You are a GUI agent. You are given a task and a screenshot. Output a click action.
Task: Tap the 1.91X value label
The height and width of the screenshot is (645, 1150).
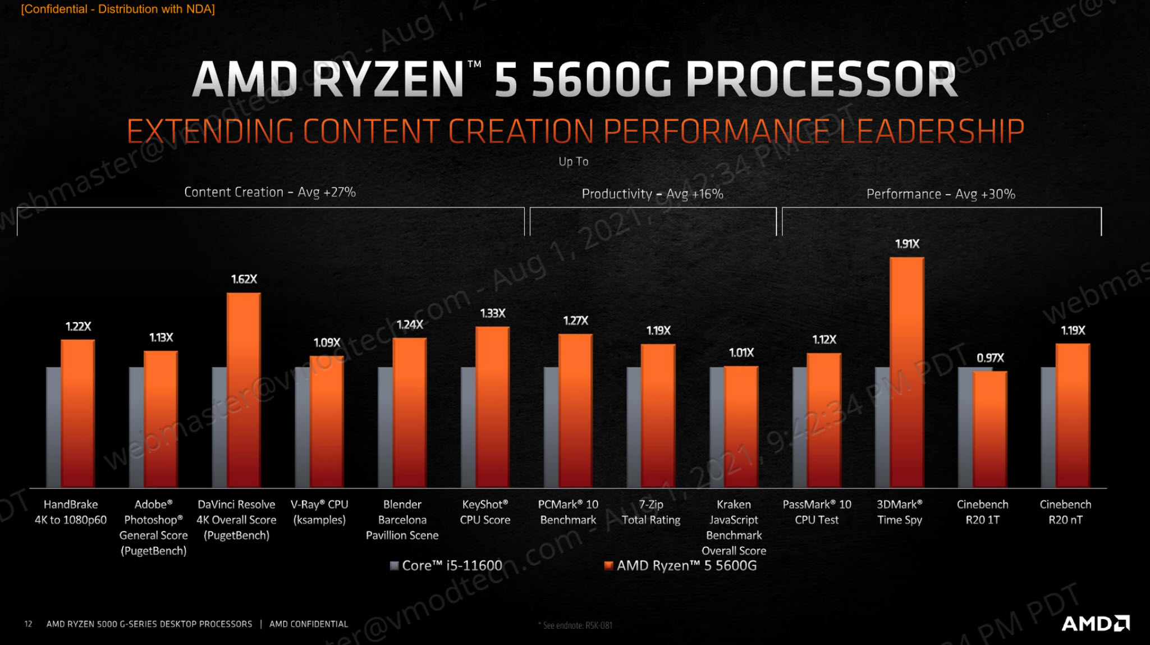pyautogui.click(x=907, y=244)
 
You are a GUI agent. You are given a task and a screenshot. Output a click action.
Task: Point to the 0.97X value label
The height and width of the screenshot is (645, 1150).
pyautogui.click(x=990, y=358)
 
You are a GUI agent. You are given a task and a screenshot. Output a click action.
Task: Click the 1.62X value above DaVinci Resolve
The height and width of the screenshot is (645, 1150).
pyautogui.click(x=244, y=279)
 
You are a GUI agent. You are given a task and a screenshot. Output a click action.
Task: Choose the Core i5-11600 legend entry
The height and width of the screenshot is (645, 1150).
pyautogui.click(x=446, y=565)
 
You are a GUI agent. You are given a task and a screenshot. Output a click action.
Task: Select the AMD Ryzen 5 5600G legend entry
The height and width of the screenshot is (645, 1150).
pyautogui.click(x=680, y=565)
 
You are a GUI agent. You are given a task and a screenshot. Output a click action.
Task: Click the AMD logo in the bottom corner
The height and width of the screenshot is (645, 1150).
pyautogui.click(x=1095, y=623)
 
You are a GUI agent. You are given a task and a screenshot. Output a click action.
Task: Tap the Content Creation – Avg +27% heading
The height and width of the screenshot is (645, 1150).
pyautogui.click(x=270, y=192)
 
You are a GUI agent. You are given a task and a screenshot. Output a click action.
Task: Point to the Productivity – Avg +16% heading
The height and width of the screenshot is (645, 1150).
pyautogui.click(x=652, y=194)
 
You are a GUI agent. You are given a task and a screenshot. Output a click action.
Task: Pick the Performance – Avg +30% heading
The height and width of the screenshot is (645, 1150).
pyautogui.click(x=941, y=194)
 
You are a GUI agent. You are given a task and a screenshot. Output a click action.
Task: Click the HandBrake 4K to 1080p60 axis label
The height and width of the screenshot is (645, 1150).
pyautogui.click(x=71, y=512)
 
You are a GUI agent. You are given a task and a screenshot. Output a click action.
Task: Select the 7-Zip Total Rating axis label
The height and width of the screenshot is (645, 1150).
pyautogui.click(x=651, y=512)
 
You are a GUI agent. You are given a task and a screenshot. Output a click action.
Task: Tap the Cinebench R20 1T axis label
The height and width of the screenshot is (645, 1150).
pyautogui.click(x=982, y=512)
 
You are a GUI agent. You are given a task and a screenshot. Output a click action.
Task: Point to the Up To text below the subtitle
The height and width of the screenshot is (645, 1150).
pyautogui.click(x=573, y=162)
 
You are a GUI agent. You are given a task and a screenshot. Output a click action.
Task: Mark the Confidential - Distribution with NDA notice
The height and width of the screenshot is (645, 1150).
pyautogui.click(x=118, y=9)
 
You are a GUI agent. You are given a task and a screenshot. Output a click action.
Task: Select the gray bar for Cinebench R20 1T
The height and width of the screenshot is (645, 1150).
pyautogui.click(x=965, y=427)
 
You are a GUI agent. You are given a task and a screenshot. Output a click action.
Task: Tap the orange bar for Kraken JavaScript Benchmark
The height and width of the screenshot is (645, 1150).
pyautogui.click(x=741, y=427)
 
